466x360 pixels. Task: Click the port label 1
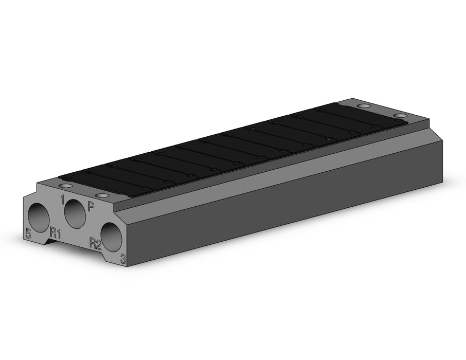(62, 200)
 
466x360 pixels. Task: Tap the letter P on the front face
(91, 206)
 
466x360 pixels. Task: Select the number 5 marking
(28, 233)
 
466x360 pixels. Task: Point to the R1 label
(56, 232)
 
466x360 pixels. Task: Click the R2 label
(96, 243)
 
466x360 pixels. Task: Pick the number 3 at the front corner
(123, 259)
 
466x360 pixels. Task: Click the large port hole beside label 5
(39, 218)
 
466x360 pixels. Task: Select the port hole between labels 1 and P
(75, 213)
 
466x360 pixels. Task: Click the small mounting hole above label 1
(66, 186)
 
